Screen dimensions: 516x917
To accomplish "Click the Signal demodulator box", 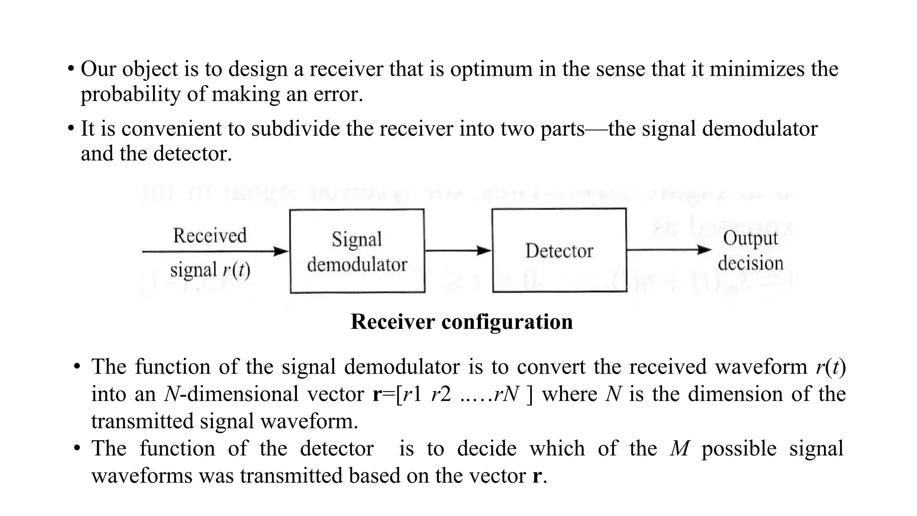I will click(357, 251).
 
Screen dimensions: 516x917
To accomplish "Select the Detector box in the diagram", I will click(559, 250).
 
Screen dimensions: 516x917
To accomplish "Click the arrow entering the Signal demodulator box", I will click(215, 252).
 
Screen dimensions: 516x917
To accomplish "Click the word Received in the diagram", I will click(210, 236).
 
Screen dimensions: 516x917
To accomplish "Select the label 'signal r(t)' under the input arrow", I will click(210, 270).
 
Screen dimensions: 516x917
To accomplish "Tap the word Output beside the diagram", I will click(750, 238).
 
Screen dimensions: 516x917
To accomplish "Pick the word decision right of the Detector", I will click(750, 263).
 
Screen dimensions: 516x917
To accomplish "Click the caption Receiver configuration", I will click(461, 322).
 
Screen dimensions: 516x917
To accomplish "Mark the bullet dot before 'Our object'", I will click(71, 69).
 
